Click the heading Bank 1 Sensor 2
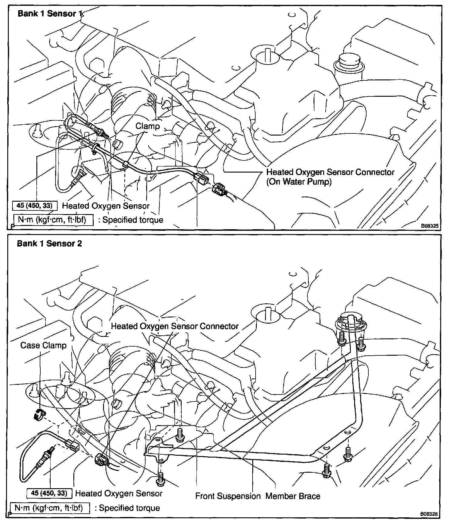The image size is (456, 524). pos(49,244)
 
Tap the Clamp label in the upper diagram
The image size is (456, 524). pos(148,126)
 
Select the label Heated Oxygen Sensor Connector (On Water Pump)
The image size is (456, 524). pos(330,177)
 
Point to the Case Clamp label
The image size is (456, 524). pos(43,345)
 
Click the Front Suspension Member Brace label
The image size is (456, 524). pos(258,496)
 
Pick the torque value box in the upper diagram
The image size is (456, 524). pos(34,206)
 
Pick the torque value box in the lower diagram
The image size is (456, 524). pos(49,493)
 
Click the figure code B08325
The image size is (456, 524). pos(429,226)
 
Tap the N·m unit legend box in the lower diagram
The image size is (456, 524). pos(50,508)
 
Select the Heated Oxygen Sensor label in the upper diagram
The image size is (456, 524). pos(106,206)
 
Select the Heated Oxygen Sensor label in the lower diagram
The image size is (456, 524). pos(119,493)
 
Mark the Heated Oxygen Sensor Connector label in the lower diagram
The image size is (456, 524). pos(175,326)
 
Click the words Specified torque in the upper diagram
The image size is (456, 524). pos(133,220)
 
